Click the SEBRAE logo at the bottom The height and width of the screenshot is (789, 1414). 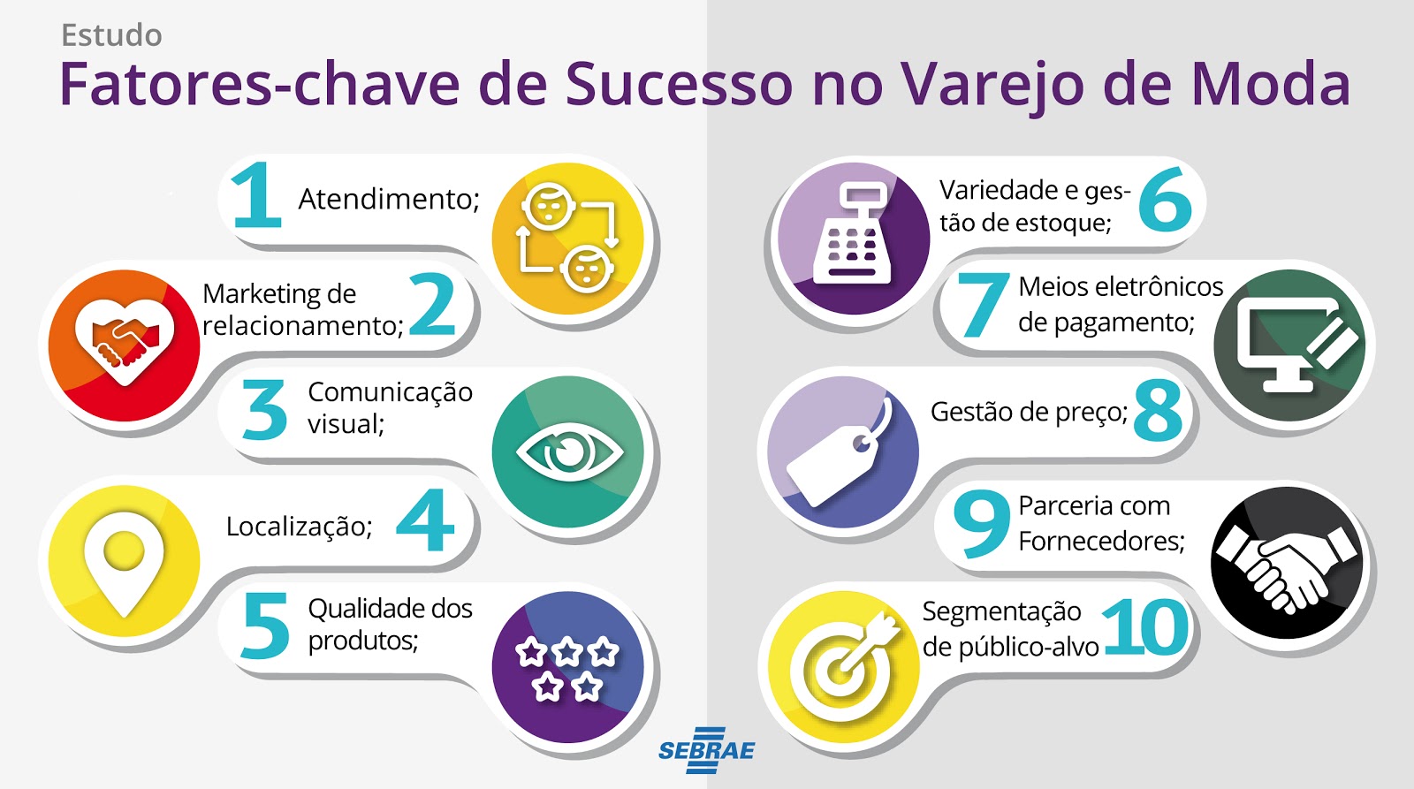[x=706, y=751]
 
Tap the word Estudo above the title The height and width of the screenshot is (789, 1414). [x=111, y=35]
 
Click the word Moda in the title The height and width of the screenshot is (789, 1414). [x=1270, y=85]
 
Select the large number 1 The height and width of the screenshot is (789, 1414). [x=255, y=195]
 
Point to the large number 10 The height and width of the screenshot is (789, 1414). [x=1146, y=627]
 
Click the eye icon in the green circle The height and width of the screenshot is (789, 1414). [x=569, y=452]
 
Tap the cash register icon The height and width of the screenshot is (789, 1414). [x=852, y=234]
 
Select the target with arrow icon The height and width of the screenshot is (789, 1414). [x=844, y=664]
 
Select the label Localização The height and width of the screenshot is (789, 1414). [x=299, y=527]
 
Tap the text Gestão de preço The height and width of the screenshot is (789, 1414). [x=1029, y=413]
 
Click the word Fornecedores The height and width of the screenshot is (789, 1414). [x=1101, y=541]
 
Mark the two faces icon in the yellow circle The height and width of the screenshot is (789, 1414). [x=566, y=238]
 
